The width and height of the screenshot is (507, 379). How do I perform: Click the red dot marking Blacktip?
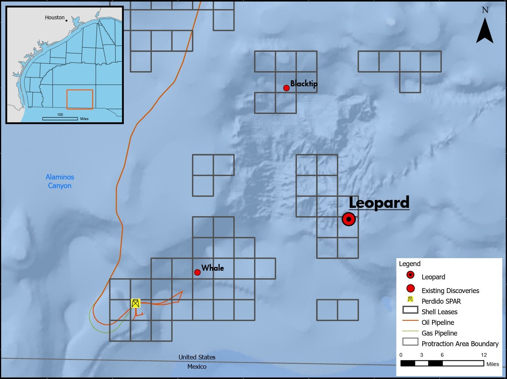pyautogui.click(x=286, y=88)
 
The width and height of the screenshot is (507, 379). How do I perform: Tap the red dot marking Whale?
pyautogui.click(x=197, y=272)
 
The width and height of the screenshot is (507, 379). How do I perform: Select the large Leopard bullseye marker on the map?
pyautogui.click(x=348, y=219)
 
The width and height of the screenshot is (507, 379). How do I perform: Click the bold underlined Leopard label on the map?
pyautogui.click(x=379, y=203)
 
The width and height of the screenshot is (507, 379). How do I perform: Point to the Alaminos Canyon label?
pyautogui.click(x=60, y=181)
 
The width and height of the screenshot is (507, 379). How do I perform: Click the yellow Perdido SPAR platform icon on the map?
pyautogui.click(x=136, y=303)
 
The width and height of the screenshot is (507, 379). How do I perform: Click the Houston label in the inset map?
pyautogui.click(x=55, y=17)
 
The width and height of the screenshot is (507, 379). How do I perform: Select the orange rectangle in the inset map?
pyautogui.click(x=80, y=99)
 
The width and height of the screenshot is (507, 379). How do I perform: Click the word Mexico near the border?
pyautogui.click(x=197, y=367)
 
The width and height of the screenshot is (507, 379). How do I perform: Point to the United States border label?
pyautogui.click(x=197, y=357)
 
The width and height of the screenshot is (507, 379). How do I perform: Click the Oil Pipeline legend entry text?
pyautogui.click(x=438, y=323)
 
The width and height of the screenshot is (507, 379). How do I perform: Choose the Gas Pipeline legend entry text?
pyautogui.click(x=439, y=333)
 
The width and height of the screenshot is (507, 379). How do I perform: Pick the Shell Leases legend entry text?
pyautogui.click(x=439, y=312)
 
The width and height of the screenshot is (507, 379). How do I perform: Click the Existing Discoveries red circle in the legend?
pyautogui.click(x=410, y=289)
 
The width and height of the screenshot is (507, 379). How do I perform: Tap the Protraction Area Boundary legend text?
pyautogui.click(x=460, y=344)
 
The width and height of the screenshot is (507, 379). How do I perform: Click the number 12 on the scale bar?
pyautogui.click(x=484, y=355)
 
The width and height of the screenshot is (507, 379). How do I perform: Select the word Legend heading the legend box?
pyautogui.click(x=410, y=264)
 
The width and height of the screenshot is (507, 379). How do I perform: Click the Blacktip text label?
pyautogui.click(x=304, y=84)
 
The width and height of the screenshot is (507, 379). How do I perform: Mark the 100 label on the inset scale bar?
pyautogui.click(x=60, y=114)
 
